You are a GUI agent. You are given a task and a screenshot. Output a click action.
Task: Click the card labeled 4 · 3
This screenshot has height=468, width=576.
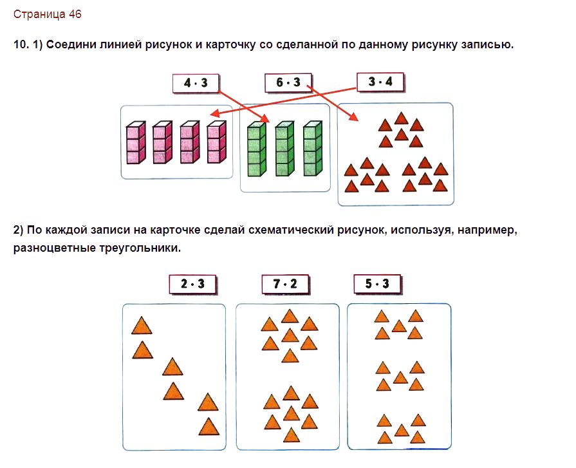196,84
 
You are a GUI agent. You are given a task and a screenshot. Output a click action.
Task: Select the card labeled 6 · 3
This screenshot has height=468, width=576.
289,82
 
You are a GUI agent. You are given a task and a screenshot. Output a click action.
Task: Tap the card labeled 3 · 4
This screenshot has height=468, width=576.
381,82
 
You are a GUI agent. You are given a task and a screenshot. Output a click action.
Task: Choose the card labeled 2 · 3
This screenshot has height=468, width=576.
193,285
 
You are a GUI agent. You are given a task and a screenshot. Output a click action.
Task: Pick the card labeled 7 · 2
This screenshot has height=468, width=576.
286,285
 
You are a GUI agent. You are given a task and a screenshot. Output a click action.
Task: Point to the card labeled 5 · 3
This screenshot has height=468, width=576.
378,284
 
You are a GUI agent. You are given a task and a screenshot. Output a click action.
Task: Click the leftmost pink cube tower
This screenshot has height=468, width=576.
136,143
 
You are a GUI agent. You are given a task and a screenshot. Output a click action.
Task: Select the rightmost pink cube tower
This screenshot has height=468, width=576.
217,142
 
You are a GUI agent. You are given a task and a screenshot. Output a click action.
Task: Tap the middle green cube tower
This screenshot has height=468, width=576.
285,149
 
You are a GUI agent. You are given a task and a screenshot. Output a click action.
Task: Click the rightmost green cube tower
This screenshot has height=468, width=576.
313,149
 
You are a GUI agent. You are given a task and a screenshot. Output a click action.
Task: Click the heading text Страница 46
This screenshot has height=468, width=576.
48,14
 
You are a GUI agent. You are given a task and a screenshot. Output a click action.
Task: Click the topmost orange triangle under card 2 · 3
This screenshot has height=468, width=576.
142,326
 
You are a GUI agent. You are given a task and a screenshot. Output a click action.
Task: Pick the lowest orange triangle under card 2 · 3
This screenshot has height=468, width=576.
209,427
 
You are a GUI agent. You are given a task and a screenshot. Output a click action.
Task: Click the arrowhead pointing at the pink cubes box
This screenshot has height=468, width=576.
214,113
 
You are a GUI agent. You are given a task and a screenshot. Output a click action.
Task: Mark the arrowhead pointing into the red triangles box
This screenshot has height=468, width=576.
354,117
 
